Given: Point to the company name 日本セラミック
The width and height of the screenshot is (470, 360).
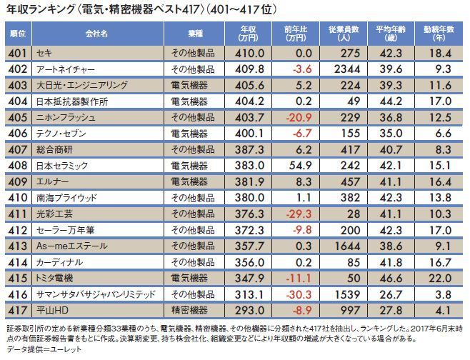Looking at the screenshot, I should [x=61, y=165].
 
